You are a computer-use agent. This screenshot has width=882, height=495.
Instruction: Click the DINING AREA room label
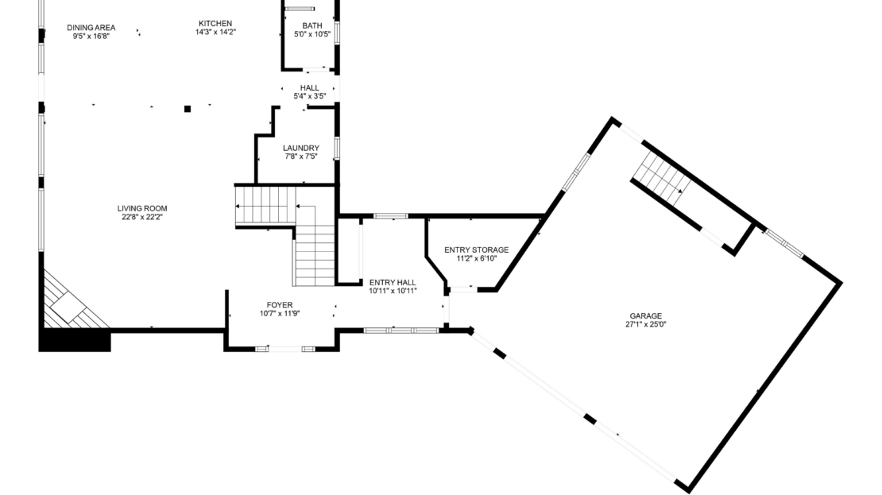pos(91,28)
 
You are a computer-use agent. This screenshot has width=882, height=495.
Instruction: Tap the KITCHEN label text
pos(215,24)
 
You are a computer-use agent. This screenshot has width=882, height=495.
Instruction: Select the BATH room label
pos(312,25)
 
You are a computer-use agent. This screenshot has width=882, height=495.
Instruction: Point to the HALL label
pos(309,87)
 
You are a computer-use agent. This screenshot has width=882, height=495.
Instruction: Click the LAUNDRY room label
pos(301,148)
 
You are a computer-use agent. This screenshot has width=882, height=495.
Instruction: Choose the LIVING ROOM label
pos(142,208)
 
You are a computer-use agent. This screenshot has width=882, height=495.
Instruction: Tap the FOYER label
pos(280,305)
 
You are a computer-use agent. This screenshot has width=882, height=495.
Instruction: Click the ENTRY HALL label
pos(393,282)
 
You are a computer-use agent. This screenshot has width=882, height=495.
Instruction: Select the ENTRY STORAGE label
pos(477,249)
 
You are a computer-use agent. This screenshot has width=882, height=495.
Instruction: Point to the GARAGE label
pos(646,316)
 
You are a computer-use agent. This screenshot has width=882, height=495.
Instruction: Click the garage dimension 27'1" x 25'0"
pos(646,324)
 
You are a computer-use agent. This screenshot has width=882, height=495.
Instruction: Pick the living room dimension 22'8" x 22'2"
pos(142,217)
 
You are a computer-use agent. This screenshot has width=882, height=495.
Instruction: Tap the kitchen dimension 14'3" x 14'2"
pos(215,32)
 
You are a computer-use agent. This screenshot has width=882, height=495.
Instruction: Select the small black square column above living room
pos(188,109)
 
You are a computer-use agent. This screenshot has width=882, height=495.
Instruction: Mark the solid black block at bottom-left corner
pos(74,340)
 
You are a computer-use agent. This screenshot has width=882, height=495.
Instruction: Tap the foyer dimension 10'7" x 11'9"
pos(280,314)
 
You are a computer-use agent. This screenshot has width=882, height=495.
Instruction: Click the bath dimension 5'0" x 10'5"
pos(312,34)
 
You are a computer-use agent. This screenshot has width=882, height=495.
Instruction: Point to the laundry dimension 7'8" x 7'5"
pos(301,157)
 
